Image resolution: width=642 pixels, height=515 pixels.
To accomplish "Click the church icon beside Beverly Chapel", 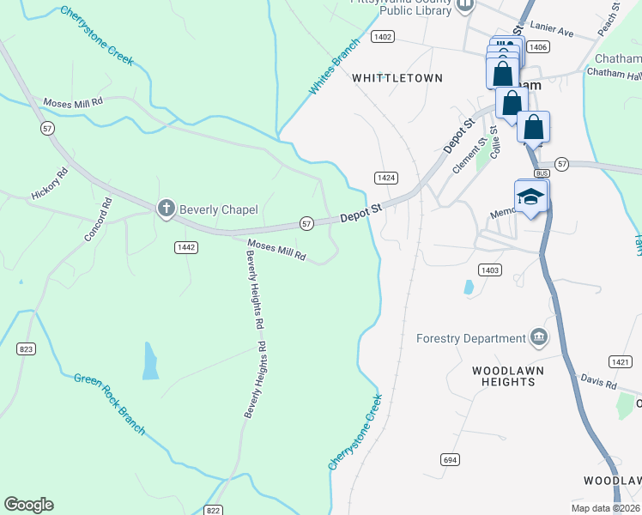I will pyautogui.click(x=166, y=209).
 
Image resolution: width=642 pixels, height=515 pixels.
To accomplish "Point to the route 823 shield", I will pyautogui.click(x=26, y=348).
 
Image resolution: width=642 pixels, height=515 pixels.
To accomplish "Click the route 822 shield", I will pyautogui.click(x=215, y=510).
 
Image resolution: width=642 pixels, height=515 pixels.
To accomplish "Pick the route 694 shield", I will pyautogui.click(x=450, y=459).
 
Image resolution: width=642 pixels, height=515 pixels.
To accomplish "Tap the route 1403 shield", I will pyautogui.click(x=489, y=270).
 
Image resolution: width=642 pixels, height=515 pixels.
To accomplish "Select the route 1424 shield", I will pyautogui.click(x=385, y=178).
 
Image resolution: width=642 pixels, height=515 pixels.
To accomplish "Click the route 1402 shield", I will pyautogui.click(x=383, y=37).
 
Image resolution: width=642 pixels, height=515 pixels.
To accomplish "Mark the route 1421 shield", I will pyautogui.click(x=620, y=362).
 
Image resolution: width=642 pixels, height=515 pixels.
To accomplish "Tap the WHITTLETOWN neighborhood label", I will pyautogui.click(x=397, y=78).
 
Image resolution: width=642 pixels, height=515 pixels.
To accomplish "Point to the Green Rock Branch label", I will pyautogui.click(x=109, y=403).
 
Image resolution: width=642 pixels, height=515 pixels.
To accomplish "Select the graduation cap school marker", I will pyautogui.click(x=530, y=197).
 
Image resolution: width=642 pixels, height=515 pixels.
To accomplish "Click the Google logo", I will pyautogui.click(x=28, y=505).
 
